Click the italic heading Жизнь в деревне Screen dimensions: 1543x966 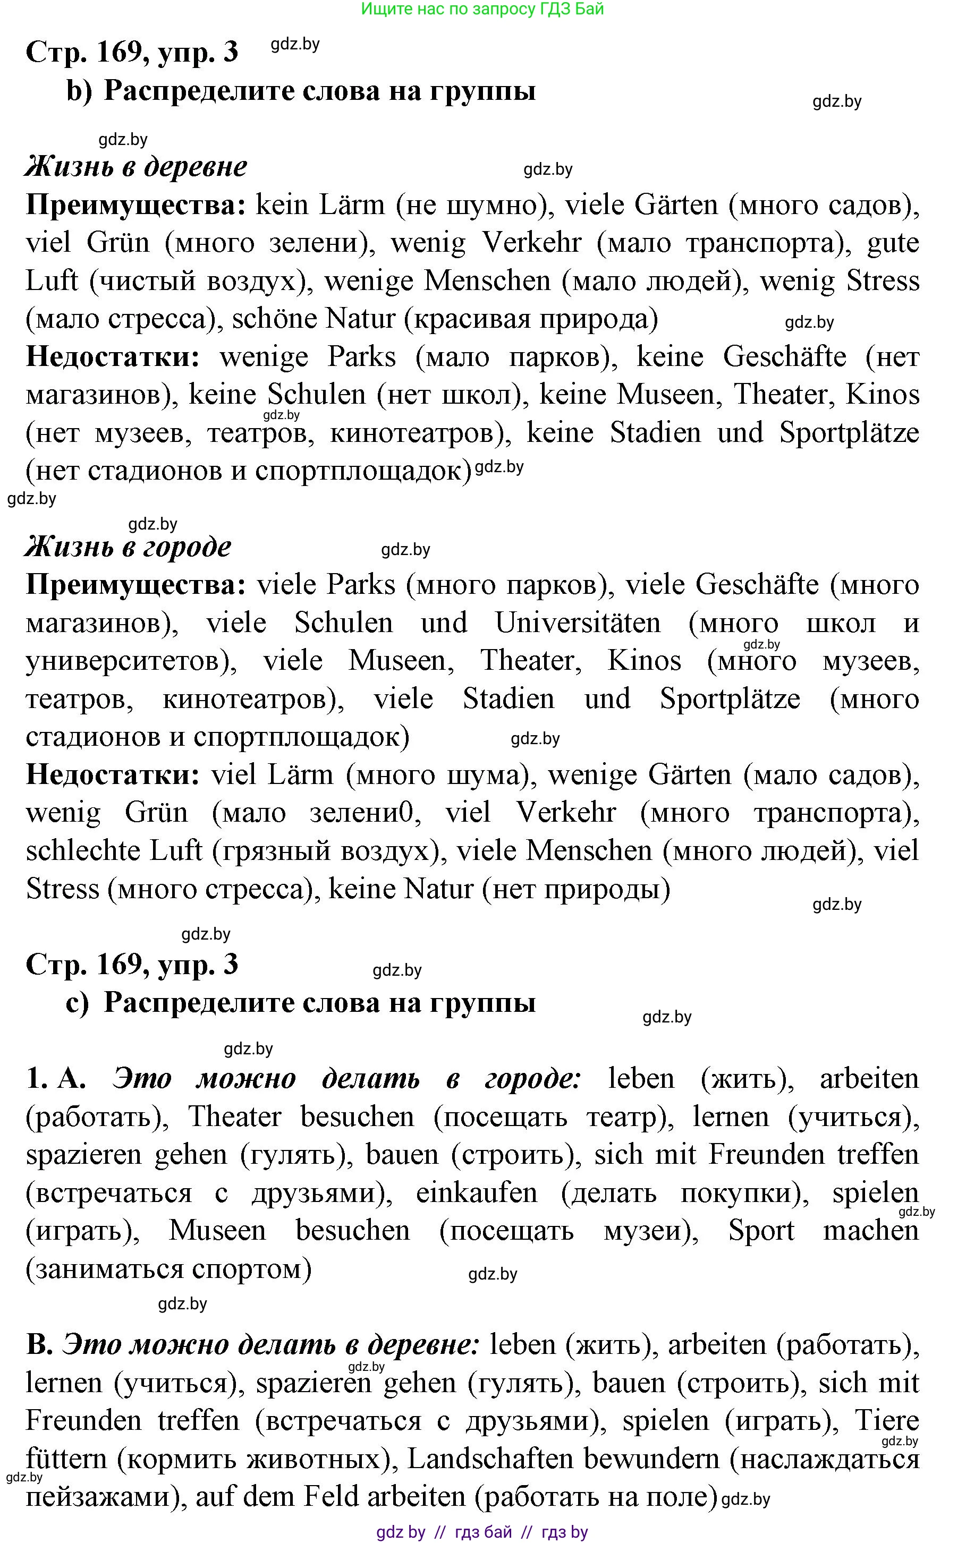click(136, 167)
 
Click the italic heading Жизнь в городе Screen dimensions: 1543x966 click(128, 547)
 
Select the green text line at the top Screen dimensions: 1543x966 click(482, 9)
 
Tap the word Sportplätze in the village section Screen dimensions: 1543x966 click(849, 433)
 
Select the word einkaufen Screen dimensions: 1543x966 click(477, 1193)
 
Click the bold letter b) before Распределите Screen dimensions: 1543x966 click(79, 91)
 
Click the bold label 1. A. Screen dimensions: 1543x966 click(56, 1079)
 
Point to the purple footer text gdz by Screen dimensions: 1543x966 click(401, 1532)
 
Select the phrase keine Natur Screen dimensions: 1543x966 click(401, 889)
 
